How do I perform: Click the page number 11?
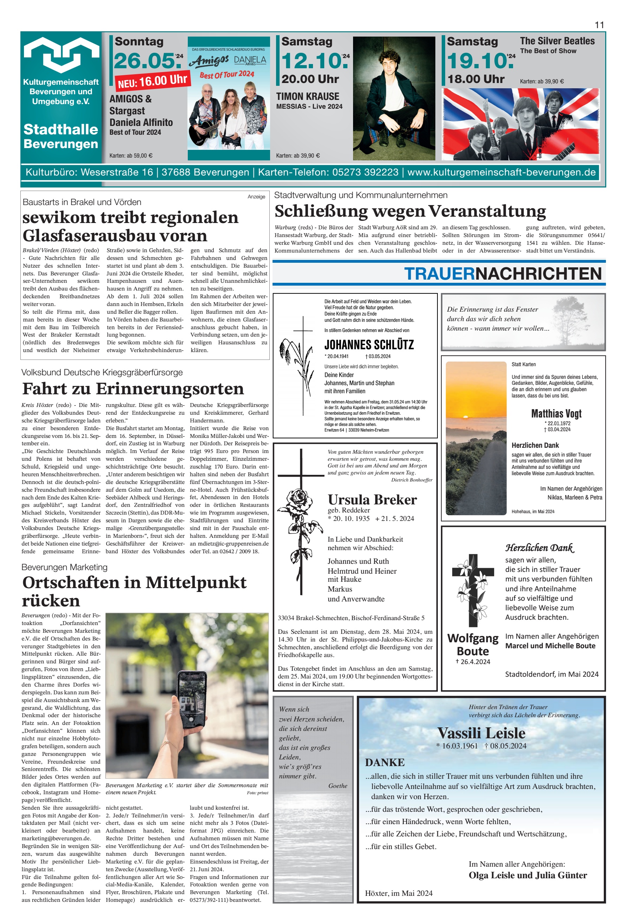pyautogui.click(x=599, y=25)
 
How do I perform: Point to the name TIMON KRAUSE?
pyautogui.click(x=307, y=97)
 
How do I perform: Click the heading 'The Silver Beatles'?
pyautogui.click(x=557, y=41)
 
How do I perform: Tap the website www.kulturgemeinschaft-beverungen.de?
pyautogui.click(x=501, y=172)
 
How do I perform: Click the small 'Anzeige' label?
pyautogui.click(x=256, y=197)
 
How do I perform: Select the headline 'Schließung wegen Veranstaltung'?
pyautogui.click(x=410, y=211)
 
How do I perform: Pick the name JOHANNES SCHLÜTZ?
pyautogui.click(x=369, y=345)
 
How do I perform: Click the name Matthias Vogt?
pyautogui.click(x=556, y=414)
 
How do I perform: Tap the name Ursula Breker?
pyautogui.click(x=372, y=499)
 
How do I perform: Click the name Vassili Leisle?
pyautogui.click(x=481, y=733)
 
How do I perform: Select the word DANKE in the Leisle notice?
pyautogui.click(x=384, y=762)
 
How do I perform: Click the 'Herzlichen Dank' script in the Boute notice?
pyautogui.click(x=539, y=548)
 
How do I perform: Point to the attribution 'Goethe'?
pyautogui.click(x=338, y=786)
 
